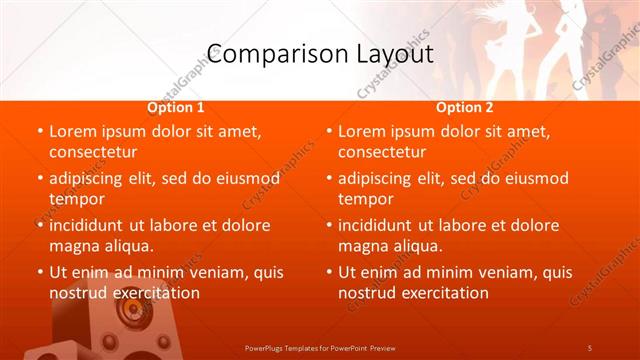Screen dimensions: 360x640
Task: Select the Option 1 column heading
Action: coord(176,107)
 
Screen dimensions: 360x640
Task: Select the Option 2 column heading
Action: coord(465,107)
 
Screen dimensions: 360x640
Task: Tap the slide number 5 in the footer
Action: coord(589,347)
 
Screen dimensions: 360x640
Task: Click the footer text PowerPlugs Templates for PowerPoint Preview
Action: coord(320,347)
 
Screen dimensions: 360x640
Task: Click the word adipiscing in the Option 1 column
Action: coord(91,178)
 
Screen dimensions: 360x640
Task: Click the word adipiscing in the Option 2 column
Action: coord(380,178)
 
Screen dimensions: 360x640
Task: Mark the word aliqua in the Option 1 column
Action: coord(127,246)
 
